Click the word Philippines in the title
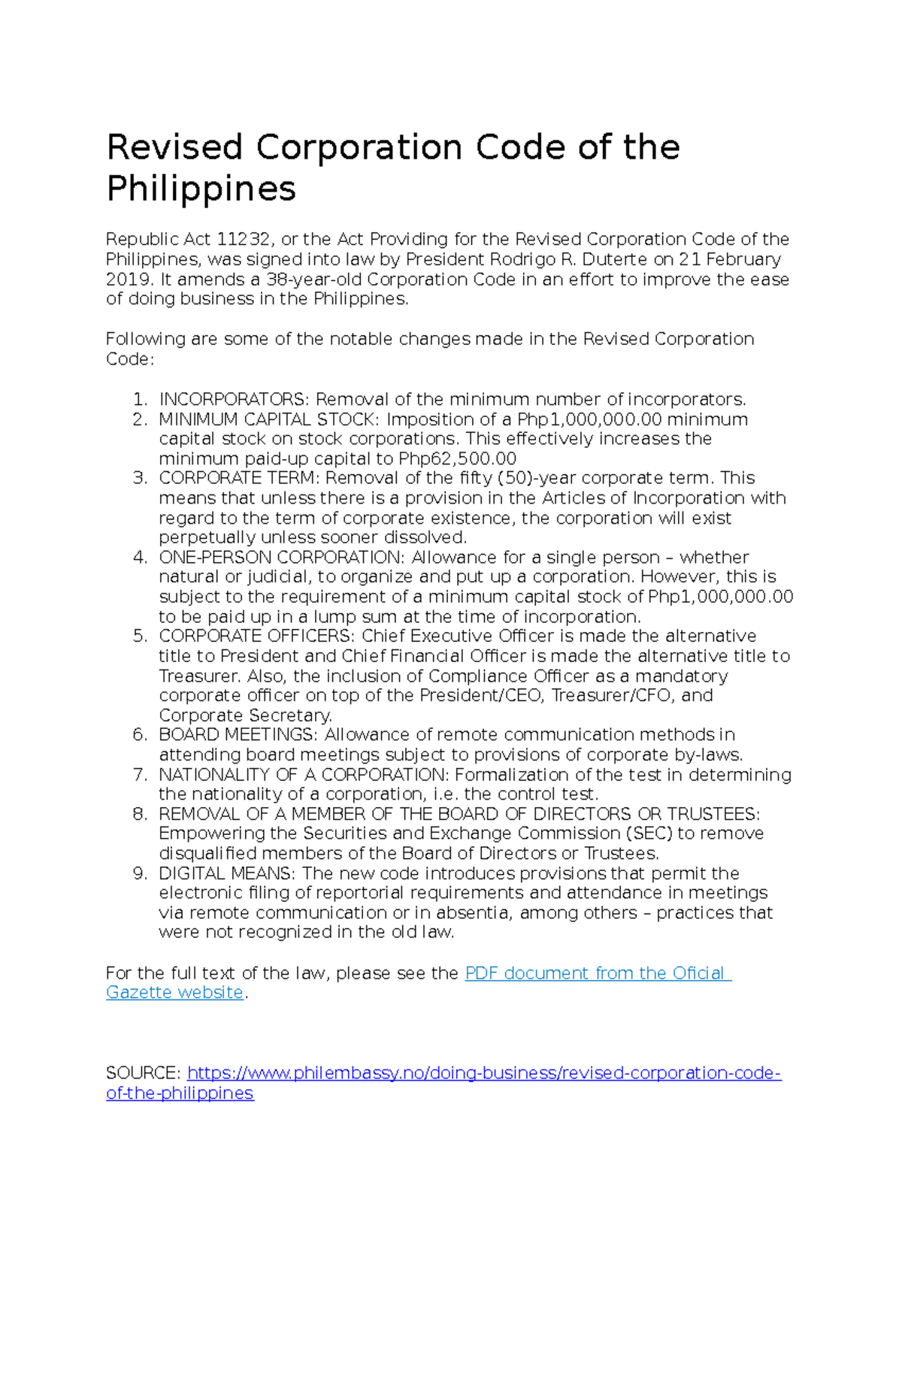(201, 189)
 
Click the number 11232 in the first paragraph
(244, 240)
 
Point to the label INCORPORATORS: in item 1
(234, 399)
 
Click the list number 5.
(140, 637)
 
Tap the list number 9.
(140, 873)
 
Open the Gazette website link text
(174, 993)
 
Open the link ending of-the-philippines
(180, 1093)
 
